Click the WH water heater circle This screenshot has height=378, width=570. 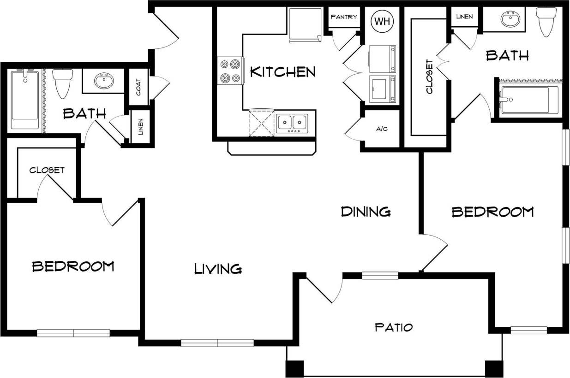[x=382, y=22]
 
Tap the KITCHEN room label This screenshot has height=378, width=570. [x=282, y=72]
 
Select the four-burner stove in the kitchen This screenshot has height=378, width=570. [x=230, y=71]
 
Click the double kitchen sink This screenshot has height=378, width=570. [x=293, y=123]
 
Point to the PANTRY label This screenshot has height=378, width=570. [x=344, y=17]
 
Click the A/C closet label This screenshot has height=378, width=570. [x=381, y=129]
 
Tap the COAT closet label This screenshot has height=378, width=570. [x=138, y=87]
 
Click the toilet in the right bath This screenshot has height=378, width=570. [x=546, y=21]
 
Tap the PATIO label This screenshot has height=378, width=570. [x=393, y=328]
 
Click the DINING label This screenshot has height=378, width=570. [x=366, y=212]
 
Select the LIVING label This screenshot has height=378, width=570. [x=218, y=268]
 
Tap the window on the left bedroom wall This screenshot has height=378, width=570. [x=73, y=333]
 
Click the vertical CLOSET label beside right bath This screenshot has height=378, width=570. [x=429, y=77]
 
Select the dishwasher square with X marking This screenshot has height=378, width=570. [x=262, y=123]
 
